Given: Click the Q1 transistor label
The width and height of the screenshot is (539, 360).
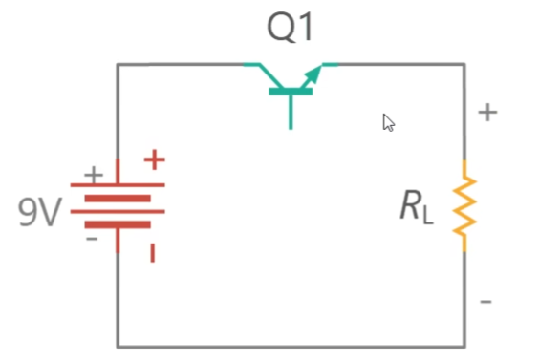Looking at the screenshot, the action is coord(290,27).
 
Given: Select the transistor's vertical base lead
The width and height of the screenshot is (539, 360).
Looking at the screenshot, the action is coord(291,112).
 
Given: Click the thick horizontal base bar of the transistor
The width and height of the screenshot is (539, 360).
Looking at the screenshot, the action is coord(291,92).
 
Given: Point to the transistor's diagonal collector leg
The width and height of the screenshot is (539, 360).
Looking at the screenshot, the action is coord(271,76).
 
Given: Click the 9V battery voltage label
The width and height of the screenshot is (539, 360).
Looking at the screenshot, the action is coord(40,212).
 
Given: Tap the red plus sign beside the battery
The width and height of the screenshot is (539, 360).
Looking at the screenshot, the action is coord(155,159).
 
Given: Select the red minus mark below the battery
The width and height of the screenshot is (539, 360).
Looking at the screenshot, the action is coord(153,253).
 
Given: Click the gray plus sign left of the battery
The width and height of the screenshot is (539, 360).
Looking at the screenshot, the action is coord(94,175).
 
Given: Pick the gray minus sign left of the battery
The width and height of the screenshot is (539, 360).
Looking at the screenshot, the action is coord(92,239).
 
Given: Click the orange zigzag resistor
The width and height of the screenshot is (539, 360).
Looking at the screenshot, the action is coord(464,205).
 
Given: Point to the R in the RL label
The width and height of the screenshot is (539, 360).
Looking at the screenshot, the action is coord(411,205).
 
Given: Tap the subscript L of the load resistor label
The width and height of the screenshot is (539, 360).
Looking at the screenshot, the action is coord(427,216).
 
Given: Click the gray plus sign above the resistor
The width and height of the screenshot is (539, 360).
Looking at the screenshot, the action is coord(487,113).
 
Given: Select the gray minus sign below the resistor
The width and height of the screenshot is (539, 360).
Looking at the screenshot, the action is coord(485,302).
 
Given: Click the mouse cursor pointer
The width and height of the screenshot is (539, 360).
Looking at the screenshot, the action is coord(388,122).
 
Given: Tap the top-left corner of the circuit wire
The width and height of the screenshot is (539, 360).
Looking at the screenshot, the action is coord(118,64).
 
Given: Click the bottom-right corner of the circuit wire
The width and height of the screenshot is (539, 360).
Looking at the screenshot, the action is coord(464,347).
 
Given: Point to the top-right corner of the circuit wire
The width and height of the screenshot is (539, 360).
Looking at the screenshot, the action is coord(464,64).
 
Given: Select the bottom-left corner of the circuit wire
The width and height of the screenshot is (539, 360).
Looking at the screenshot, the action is coord(118,347).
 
